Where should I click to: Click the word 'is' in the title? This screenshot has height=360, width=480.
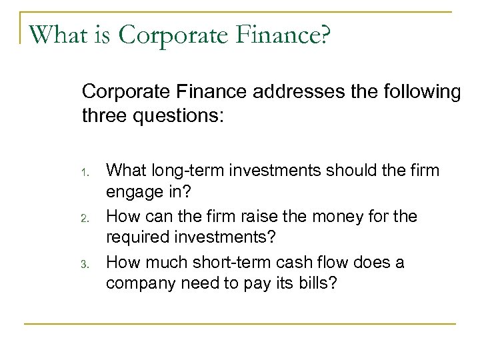(x=102, y=32)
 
